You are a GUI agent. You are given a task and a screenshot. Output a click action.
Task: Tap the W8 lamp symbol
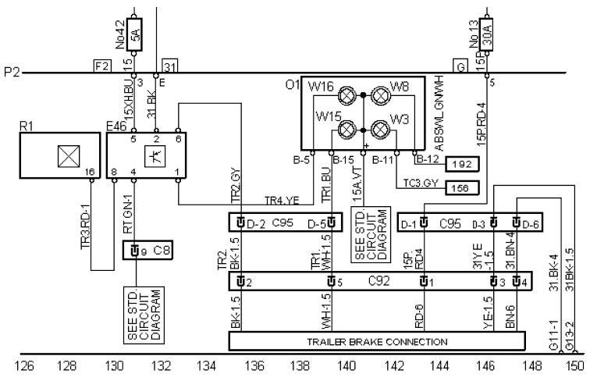pos(380,97)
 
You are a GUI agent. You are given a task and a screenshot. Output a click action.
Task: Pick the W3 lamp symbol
pos(380,128)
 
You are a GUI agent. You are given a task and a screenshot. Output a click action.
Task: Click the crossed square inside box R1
pos(60,156)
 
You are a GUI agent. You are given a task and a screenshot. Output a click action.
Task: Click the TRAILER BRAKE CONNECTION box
pos(377,341)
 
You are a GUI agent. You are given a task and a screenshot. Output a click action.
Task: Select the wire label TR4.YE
pos(281,200)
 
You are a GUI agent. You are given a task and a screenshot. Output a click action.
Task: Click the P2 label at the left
pos(12,74)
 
